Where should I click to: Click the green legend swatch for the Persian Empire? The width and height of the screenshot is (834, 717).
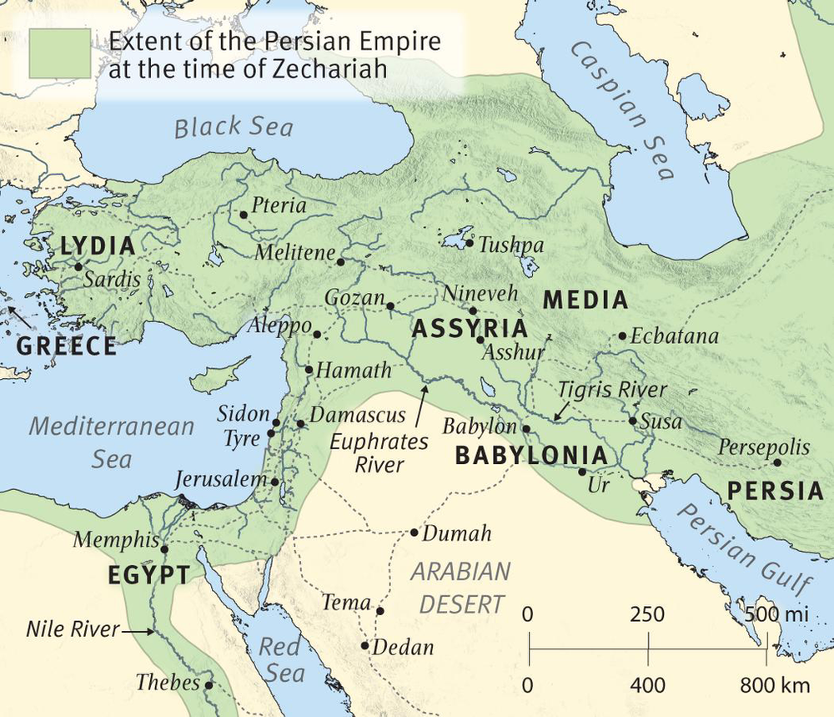pos(61,53)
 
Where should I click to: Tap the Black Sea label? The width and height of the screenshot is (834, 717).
pos(234,127)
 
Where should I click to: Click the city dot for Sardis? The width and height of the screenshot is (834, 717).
pos(78,267)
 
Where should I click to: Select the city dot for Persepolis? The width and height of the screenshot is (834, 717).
pos(777,462)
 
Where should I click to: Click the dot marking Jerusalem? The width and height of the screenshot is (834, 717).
pos(274,482)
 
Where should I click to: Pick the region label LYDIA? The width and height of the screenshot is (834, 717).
pos(98,246)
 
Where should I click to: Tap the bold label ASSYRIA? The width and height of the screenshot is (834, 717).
pos(469,330)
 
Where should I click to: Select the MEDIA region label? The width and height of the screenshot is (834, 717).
pos(585,300)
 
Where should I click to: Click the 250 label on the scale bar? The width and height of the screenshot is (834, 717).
pos(648,616)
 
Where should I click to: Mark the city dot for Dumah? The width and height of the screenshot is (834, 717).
pos(414,533)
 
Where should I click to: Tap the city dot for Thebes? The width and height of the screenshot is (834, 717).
pos(208,685)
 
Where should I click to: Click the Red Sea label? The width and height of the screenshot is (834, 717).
pos(281,659)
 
